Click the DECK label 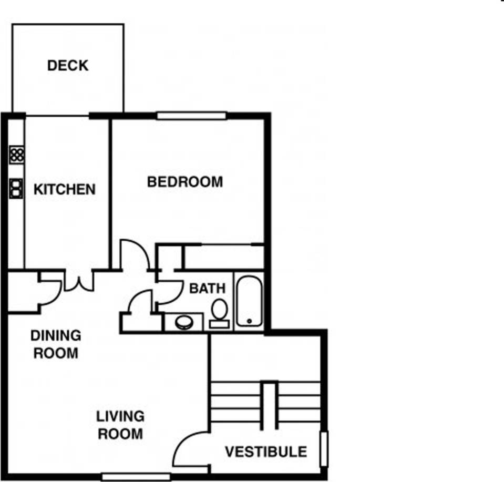coord(68,66)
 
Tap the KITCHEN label coord(65,189)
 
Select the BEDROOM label coord(185,182)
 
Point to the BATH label coord(207,288)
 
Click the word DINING coord(56,335)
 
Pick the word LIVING coord(120,416)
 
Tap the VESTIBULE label coord(266,452)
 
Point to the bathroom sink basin coord(184,322)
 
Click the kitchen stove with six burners coord(17,155)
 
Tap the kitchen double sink coord(16,188)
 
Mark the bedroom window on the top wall coord(191,116)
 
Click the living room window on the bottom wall coord(136,477)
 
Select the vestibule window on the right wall coord(324,449)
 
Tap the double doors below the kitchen coord(79,281)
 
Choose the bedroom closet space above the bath coord(223,258)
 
